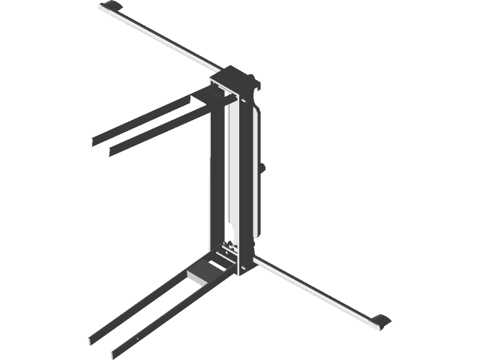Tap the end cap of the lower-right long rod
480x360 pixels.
pos(379,320)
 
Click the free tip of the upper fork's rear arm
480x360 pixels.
pos(93,140)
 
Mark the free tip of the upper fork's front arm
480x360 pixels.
pos(111,152)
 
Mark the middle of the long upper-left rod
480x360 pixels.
pos(161,38)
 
